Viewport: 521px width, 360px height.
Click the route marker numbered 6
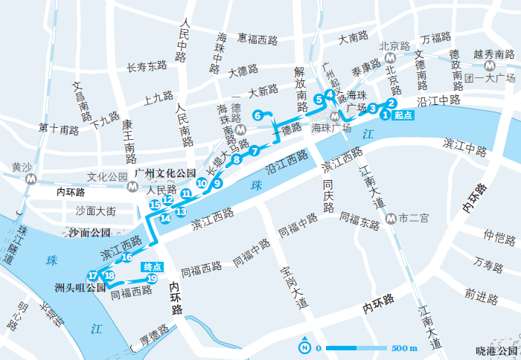(x=258, y=115)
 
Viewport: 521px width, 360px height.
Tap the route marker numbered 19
(x=151, y=279)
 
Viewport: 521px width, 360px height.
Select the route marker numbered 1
(x=385, y=115)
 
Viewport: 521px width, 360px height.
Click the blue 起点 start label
(x=403, y=115)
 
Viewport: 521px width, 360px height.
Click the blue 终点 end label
(x=153, y=266)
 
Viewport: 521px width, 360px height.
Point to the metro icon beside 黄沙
(x=31, y=179)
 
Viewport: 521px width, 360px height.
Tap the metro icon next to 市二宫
(x=391, y=219)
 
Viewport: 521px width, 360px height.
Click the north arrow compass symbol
(x=305, y=347)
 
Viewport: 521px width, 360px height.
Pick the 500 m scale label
(x=404, y=348)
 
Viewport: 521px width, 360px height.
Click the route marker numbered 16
(x=127, y=257)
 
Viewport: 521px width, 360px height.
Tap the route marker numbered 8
(x=237, y=159)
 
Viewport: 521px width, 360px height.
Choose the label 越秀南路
(x=494, y=54)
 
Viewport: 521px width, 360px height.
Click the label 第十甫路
(x=59, y=130)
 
